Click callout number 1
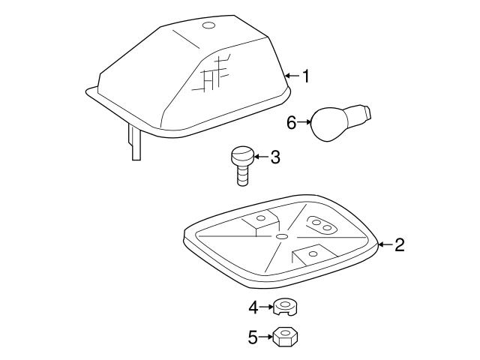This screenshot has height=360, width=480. (305, 76)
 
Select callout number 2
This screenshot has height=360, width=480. (400, 244)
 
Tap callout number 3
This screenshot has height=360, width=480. (275, 157)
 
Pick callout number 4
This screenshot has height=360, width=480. (253, 306)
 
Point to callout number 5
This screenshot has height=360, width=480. (253, 337)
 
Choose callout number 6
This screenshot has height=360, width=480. (292, 121)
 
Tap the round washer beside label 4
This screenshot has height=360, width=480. (284, 307)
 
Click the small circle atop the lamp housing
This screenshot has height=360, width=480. (208, 27)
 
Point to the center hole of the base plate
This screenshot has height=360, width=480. (280, 236)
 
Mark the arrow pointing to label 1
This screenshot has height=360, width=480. (292, 76)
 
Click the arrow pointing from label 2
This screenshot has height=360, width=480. (385, 244)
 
